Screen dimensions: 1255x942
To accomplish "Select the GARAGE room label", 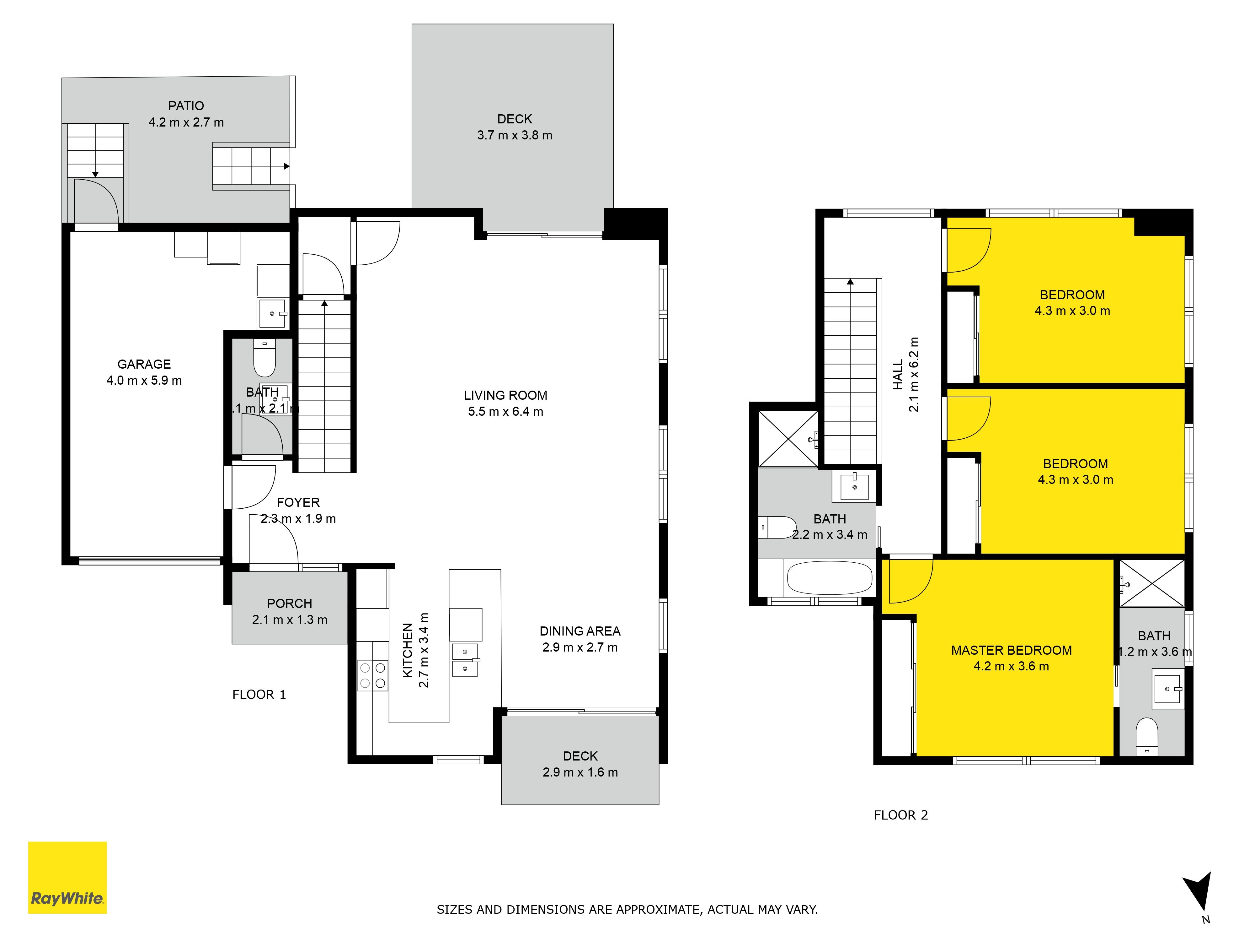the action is tap(144, 364).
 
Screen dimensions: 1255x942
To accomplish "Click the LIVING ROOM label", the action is tap(505, 395).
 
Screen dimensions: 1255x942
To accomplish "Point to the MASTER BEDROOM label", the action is tap(1012, 650).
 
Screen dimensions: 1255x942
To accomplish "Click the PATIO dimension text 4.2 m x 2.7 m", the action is tap(186, 122).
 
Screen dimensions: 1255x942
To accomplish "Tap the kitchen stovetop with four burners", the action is tap(373, 675).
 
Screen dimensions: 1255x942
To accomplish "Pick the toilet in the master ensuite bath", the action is tap(1147, 736).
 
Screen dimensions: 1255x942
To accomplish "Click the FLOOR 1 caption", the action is tap(259, 695).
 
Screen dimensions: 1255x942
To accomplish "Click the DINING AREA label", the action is tap(580, 631).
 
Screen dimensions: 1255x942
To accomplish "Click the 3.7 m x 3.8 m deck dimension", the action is tap(515, 135).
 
